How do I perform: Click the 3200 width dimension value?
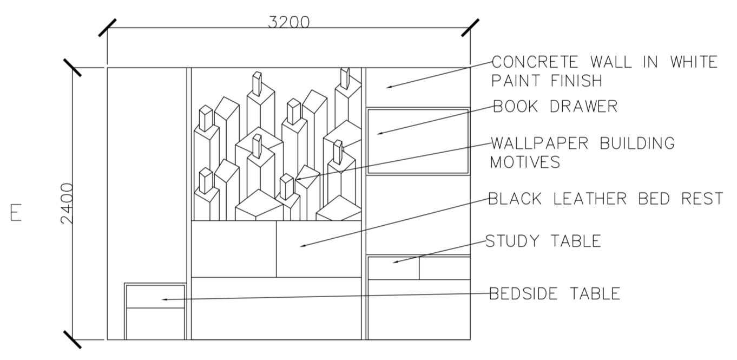pyautogui.click(x=289, y=22)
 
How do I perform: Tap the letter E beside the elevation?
pyautogui.click(x=16, y=212)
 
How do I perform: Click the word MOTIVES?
pyautogui.click(x=525, y=162)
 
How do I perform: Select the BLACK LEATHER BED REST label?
pyautogui.click(x=606, y=199)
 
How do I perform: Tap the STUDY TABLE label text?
pyautogui.click(x=543, y=241)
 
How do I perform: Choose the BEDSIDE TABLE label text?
pyautogui.click(x=555, y=293)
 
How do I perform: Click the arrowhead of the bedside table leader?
pyautogui.click(x=164, y=299)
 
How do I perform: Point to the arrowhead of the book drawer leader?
pyautogui.click(x=379, y=133)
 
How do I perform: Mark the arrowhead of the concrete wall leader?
pyautogui.click(x=388, y=87)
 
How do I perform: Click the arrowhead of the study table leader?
pyautogui.click(x=395, y=263)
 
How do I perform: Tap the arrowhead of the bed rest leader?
pyautogui.click(x=302, y=246)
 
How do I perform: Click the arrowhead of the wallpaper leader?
pyautogui.click(x=298, y=179)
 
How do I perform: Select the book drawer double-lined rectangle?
pyautogui.click(x=417, y=141)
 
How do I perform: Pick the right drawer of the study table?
pyautogui.click(x=444, y=268)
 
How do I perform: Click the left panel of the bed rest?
pyautogui.click(x=234, y=248)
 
